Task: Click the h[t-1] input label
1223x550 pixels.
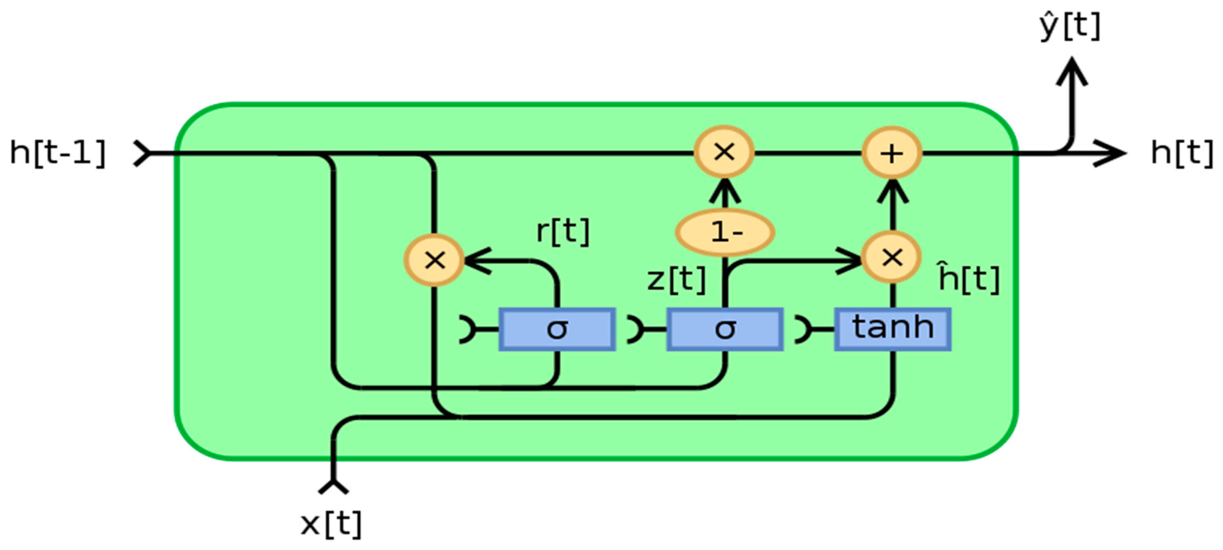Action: tap(57, 153)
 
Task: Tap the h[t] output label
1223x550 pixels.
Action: tap(1181, 153)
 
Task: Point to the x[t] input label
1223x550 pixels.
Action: tap(331, 524)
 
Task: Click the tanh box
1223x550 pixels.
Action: tap(893, 329)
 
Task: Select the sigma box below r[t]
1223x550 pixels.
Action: tap(557, 329)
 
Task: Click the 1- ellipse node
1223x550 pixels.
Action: tap(725, 232)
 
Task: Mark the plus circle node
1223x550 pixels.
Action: tap(892, 153)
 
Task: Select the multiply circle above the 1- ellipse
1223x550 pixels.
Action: tap(724, 152)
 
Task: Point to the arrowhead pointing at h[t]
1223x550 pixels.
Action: tap(1113, 153)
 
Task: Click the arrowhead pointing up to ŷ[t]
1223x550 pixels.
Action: tap(1071, 71)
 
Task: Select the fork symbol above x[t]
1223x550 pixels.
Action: tap(333, 486)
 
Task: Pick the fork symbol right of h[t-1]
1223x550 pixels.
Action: tap(141, 153)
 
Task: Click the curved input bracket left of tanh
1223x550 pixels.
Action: tap(802, 329)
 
